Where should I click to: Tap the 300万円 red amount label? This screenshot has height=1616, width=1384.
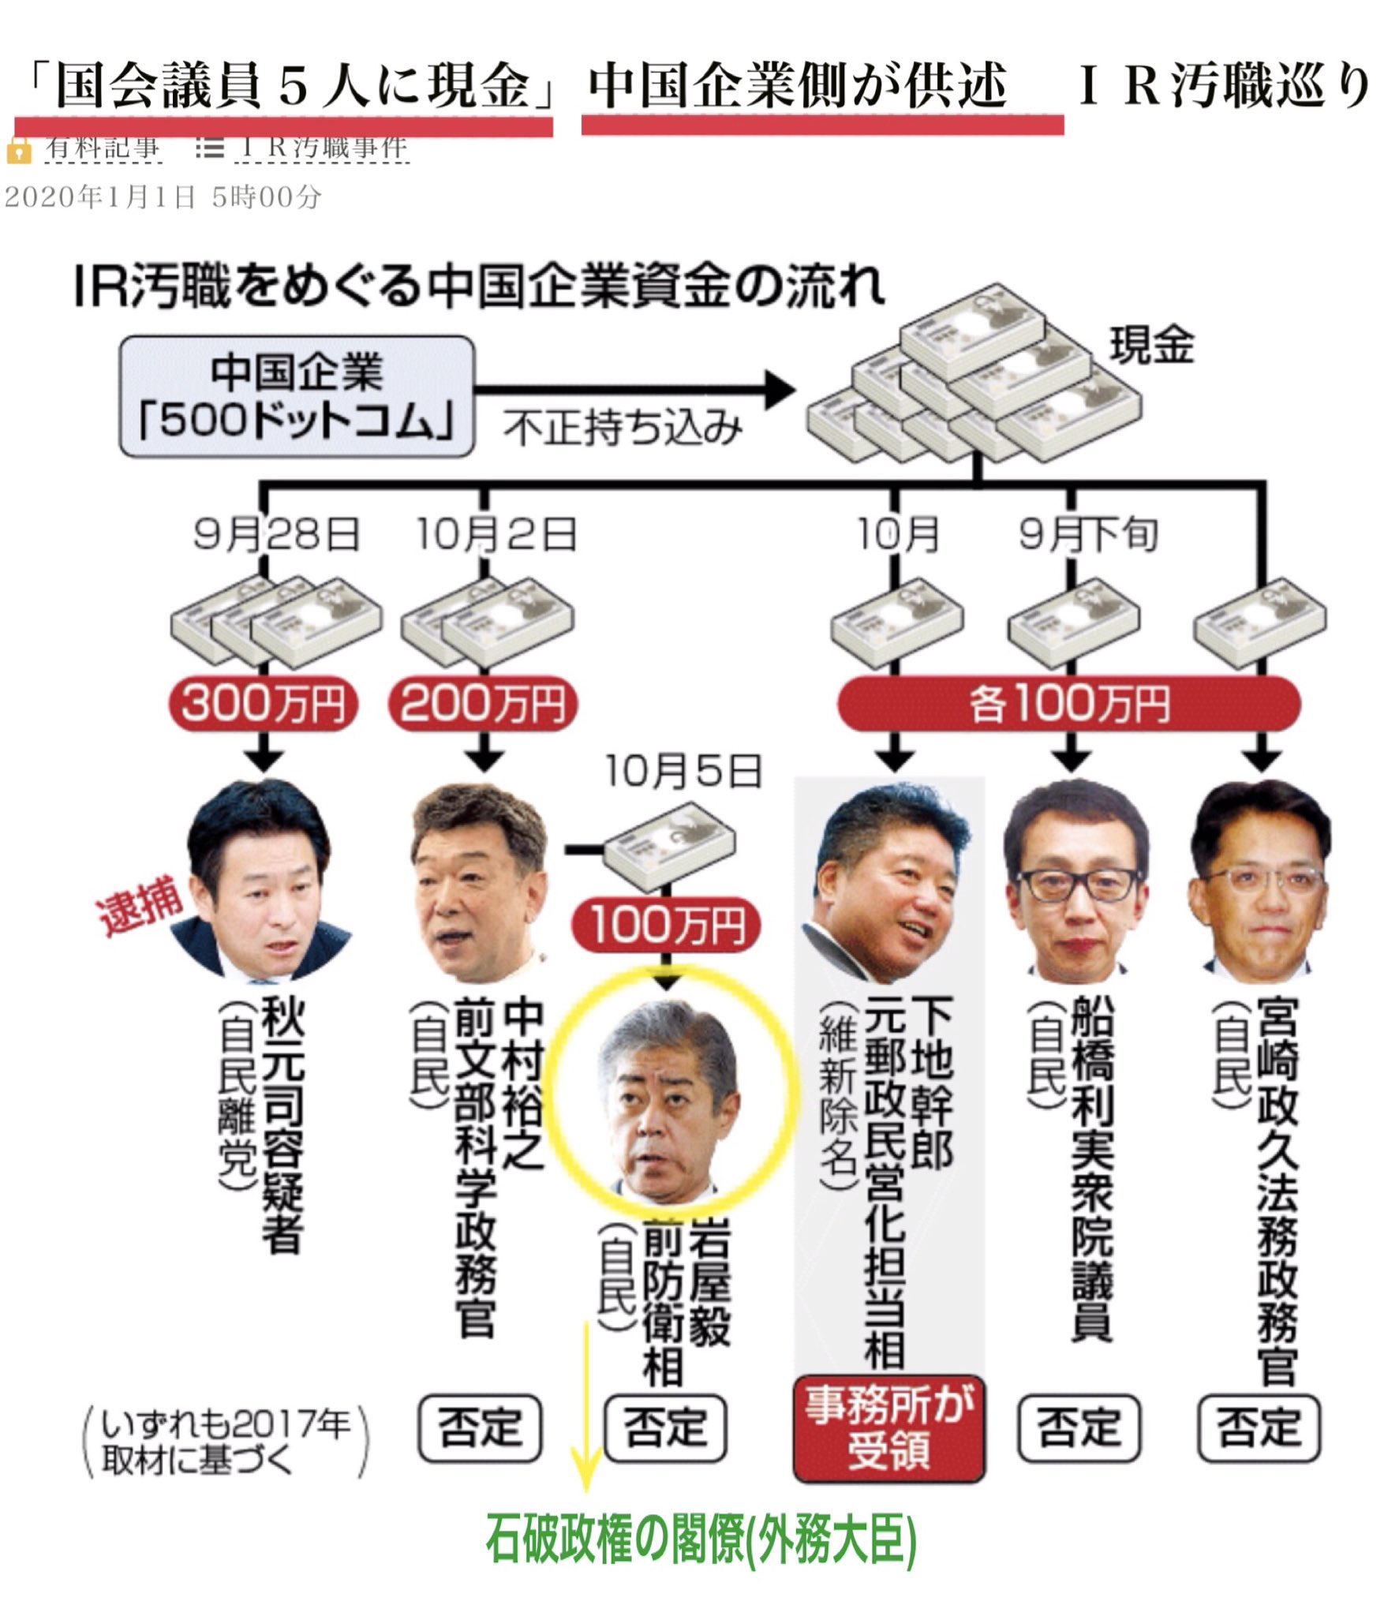pos(264,704)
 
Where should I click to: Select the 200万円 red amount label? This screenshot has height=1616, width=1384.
pos(483,704)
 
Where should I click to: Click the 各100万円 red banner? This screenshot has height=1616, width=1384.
pos(1068,704)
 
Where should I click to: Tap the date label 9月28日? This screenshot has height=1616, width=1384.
pos(276,535)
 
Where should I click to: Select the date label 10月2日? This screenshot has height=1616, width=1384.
pos(497,535)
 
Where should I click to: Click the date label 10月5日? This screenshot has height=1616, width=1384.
pos(683,771)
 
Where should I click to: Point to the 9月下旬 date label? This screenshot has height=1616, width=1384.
pos(1089,535)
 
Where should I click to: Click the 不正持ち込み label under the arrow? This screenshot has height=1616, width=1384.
pos(623,429)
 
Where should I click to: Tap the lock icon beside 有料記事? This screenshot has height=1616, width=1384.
pos(18,150)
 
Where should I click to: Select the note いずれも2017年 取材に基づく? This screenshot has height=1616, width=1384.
pos(226,1441)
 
